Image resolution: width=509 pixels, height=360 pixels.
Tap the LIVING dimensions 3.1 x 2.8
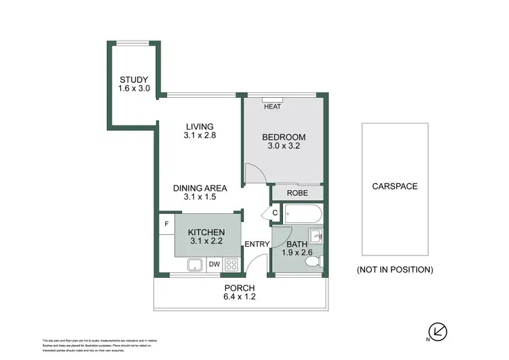click(198, 136)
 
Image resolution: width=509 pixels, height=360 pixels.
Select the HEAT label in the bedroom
click(272, 107)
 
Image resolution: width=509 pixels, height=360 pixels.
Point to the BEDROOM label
click(284, 138)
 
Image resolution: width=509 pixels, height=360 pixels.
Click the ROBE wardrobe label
click(297, 193)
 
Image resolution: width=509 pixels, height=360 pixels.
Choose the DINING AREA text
click(199, 188)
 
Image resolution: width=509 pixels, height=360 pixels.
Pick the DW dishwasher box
click(214, 264)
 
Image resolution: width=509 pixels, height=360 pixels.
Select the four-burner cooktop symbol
click(231, 264)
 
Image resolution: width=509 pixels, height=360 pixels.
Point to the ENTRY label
click(258, 245)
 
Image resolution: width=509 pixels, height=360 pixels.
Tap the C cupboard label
click(275, 213)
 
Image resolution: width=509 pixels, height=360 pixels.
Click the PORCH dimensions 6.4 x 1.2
click(240, 296)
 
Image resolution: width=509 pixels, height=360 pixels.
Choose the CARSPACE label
click(394, 186)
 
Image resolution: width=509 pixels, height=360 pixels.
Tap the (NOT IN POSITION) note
click(394, 270)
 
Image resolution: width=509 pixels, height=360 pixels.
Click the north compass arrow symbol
click(440, 331)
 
